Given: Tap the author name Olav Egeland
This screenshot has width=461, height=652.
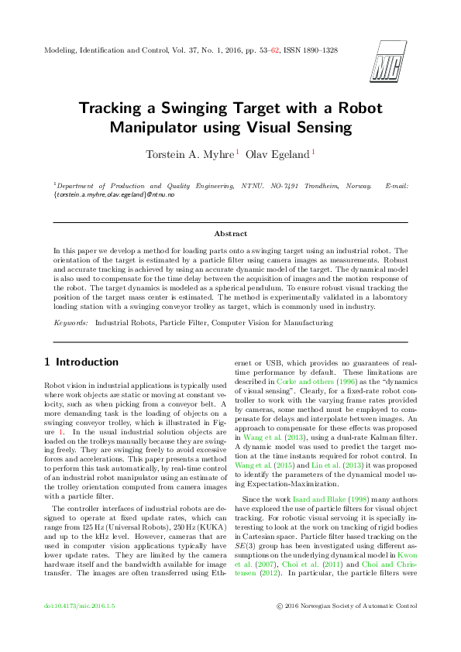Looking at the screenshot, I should click(x=277, y=153).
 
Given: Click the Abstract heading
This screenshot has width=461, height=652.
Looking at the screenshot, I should click(x=230, y=233).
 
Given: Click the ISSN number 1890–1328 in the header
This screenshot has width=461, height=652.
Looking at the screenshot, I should click(x=316, y=50).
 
